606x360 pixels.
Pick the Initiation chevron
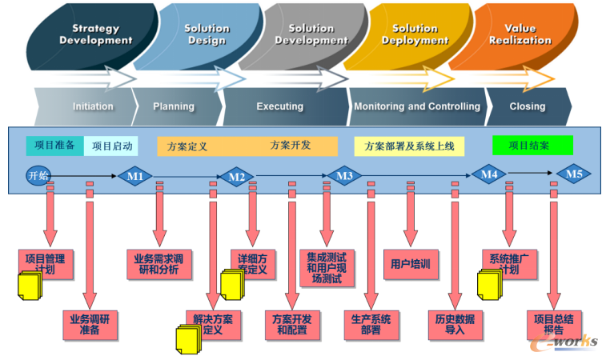[x=92, y=106]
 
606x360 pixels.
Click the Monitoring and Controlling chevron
[x=416, y=106]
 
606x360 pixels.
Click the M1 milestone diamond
[x=135, y=176]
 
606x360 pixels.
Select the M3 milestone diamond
[x=344, y=176]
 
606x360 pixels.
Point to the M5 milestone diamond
[x=574, y=173]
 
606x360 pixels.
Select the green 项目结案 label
[x=532, y=146]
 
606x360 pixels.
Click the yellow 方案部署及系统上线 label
[x=409, y=146]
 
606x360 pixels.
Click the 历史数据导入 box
[x=455, y=324]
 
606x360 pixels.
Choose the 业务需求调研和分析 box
[x=157, y=264]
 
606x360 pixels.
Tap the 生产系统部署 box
[x=371, y=324]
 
